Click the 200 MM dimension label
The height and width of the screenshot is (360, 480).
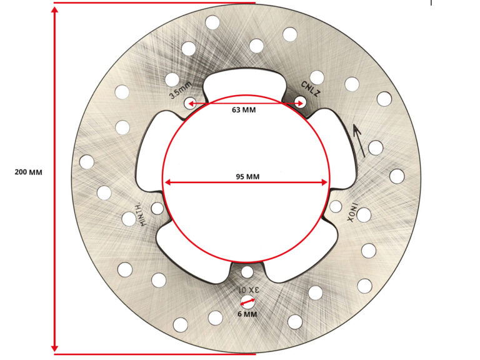pyautogui.click(x=29, y=172)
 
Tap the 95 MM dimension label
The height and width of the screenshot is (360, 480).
pyautogui.click(x=247, y=177)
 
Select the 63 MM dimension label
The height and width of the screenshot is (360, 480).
pyautogui.click(x=244, y=109)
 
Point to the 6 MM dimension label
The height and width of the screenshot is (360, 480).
pyautogui.click(x=247, y=314)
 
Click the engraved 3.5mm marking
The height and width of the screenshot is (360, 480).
pyautogui.click(x=181, y=91)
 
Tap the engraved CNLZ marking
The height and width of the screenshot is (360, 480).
pyautogui.click(x=311, y=89)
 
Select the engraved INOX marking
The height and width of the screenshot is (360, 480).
pyautogui.click(x=352, y=212)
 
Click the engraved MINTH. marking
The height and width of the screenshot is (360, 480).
pyautogui.click(x=144, y=214)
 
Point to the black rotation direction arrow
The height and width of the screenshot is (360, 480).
pyautogui.click(x=359, y=140)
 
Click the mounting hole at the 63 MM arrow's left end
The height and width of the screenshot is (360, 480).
pyautogui.click(x=190, y=103)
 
